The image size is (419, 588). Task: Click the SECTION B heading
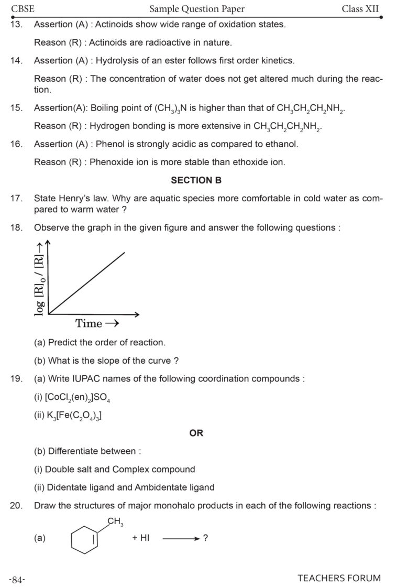(x=196, y=180)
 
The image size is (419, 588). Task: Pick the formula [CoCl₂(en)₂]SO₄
(x=76, y=398)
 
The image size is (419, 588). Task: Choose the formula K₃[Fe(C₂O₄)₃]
(x=73, y=416)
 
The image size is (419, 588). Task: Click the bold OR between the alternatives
(x=196, y=433)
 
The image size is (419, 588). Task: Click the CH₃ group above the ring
(x=115, y=521)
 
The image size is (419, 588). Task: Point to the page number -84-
(x=17, y=579)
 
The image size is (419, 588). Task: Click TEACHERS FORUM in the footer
(x=339, y=579)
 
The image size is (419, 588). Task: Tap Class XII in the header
(x=360, y=8)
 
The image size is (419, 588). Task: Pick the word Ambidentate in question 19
(x=160, y=487)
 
